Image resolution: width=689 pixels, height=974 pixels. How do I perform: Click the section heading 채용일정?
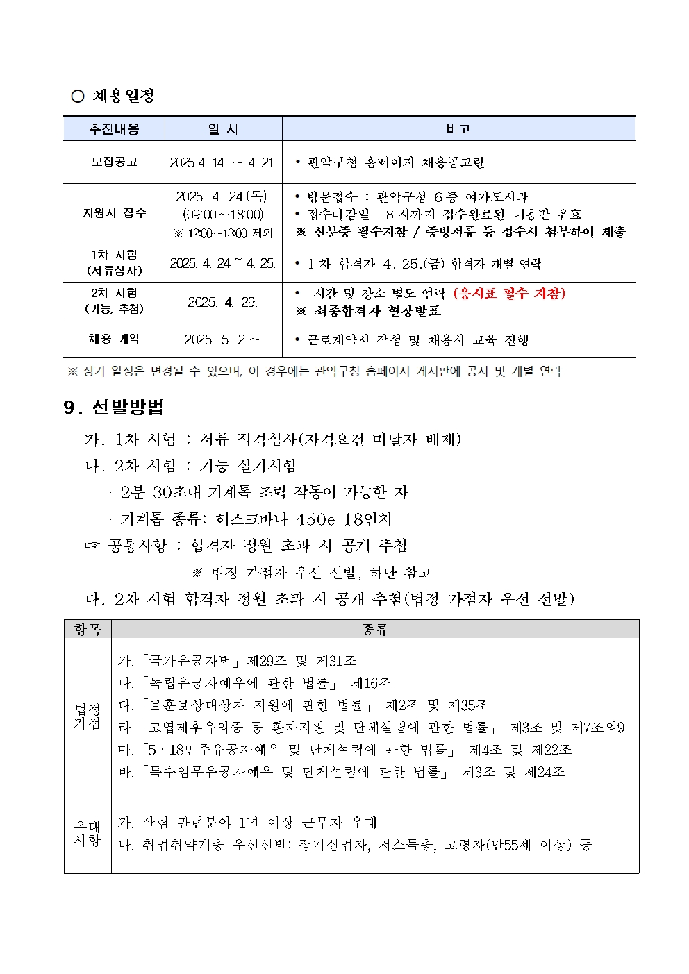click(x=123, y=96)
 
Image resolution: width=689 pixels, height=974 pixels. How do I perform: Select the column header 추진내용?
click(x=114, y=129)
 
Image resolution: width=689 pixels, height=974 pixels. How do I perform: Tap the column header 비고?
click(x=458, y=129)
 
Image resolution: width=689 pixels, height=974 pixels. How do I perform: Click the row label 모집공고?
click(x=114, y=162)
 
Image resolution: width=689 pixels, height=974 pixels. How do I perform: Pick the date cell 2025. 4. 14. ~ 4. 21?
click(x=223, y=162)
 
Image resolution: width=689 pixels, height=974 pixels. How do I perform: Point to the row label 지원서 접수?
click(x=114, y=213)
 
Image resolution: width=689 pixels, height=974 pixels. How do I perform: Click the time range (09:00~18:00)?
click(x=223, y=215)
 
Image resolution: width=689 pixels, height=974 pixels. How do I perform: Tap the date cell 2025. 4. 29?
click(x=223, y=302)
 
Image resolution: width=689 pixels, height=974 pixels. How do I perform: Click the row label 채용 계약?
click(x=114, y=339)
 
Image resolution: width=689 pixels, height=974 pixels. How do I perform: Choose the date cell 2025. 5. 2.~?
click(x=222, y=339)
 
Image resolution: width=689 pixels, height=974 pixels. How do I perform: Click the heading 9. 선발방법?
click(x=113, y=407)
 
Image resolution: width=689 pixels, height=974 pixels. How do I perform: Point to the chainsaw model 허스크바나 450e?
click(x=276, y=519)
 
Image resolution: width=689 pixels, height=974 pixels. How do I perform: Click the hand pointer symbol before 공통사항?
click(x=92, y=546)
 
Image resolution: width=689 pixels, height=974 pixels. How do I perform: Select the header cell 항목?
click(x=88, y=629)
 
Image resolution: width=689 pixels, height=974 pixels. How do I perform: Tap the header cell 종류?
click(x=375, y=629)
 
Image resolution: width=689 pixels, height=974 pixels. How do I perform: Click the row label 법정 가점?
click(x=88, y=716)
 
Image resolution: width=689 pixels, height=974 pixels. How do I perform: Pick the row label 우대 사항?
click(x=88, y=833)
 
